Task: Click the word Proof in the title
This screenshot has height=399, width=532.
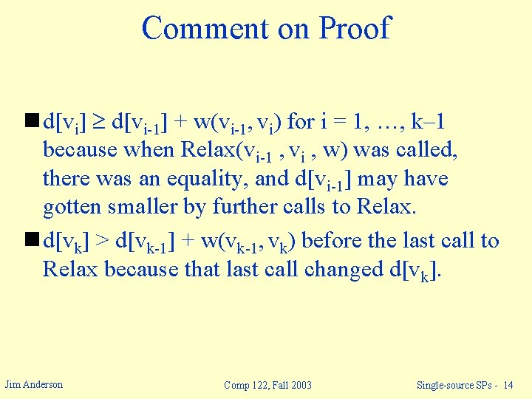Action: point(354,28)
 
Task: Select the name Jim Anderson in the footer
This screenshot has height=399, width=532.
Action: point(34,384)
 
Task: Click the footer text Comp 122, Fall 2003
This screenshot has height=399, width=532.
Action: point(267,385)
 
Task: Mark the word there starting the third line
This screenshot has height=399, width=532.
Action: point(66,179)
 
